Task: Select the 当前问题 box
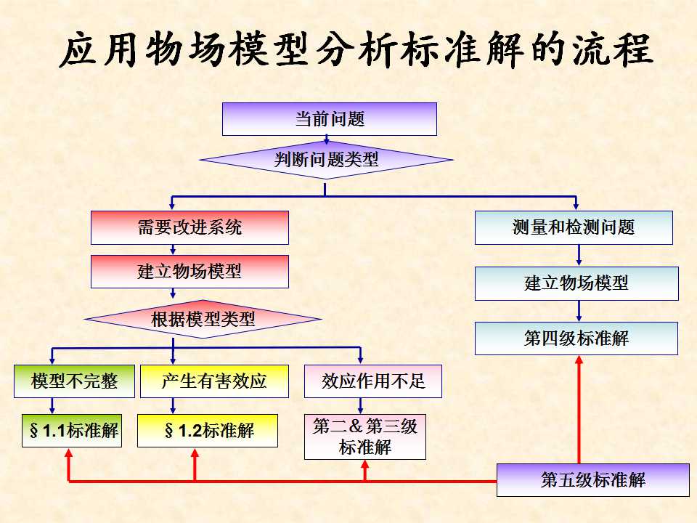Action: (x=329, y=119)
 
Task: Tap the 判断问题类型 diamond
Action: (x=326, y=160)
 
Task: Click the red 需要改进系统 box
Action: (x=189, y=227)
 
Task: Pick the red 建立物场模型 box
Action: (x=189, y=272)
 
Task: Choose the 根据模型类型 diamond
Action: (x=203, y=319)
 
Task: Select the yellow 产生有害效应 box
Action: (x=214, y=381)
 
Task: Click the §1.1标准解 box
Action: (x=70, y=430)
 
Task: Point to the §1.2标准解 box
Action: (x=208, y=430)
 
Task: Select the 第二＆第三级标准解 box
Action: (x=365, y=437)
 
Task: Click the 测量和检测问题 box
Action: (x=574, y=227)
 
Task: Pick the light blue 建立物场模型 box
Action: (x=576, y=283)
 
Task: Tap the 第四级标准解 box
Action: (x=576, y=338)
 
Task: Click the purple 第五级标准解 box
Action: (x=592, y=479)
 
